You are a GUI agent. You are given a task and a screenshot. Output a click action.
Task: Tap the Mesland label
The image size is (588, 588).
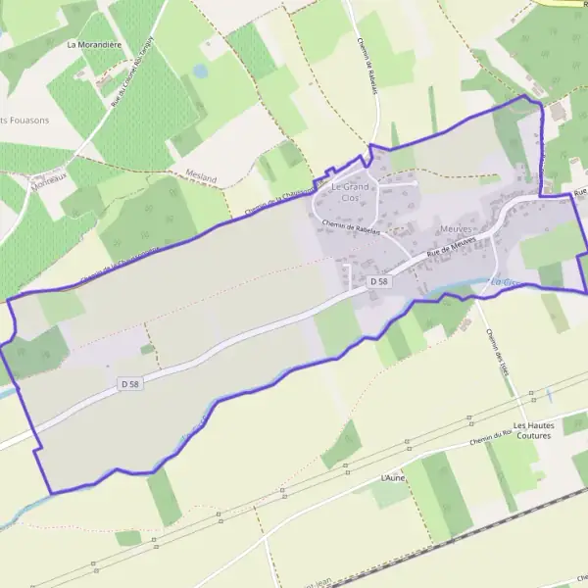199,173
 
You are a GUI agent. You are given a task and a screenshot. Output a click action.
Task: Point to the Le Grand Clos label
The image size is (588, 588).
350,191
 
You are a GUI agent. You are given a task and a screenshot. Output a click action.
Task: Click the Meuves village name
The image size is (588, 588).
456,227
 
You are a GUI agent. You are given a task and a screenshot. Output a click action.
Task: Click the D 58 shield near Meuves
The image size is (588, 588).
379,281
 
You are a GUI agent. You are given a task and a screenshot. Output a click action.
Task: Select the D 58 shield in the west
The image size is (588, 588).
130,384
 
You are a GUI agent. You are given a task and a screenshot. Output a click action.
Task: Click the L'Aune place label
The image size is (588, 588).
392,477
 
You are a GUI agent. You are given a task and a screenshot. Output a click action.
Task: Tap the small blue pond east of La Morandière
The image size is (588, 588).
200,72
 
